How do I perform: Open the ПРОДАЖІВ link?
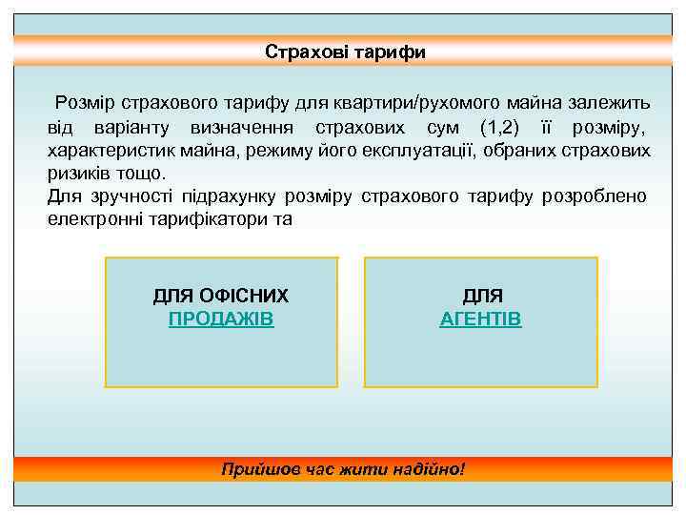[x=221, y=319]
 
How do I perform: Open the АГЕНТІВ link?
[x=480, y=319]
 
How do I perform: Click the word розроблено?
[x=594, y=196]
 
